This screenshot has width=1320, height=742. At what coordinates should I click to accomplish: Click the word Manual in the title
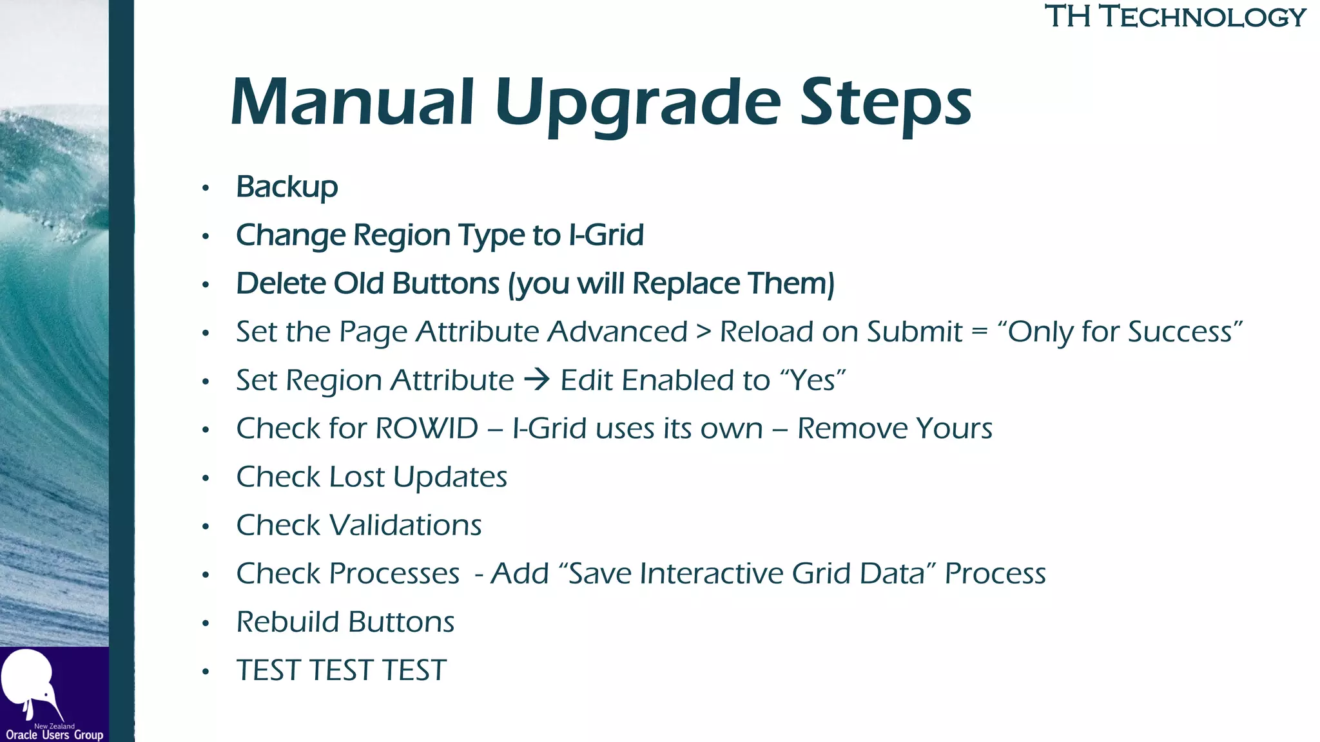click(353, 103)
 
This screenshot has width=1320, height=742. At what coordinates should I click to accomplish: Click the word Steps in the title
click(886, 103)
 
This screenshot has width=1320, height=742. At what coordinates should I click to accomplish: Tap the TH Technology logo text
click(1174, 17)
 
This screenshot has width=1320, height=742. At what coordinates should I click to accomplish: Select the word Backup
click(287, 187)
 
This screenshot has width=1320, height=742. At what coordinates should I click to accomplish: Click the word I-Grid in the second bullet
click(606, 235)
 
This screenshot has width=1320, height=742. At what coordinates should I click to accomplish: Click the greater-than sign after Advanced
click(704, 332)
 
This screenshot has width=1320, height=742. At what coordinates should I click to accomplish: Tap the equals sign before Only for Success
click(979, 332)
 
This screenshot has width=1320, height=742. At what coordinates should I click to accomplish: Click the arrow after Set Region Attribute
click(537, 379)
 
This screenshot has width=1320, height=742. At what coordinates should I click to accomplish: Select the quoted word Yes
click(813, 380)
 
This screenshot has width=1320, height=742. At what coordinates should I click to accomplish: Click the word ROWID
click(427, 428)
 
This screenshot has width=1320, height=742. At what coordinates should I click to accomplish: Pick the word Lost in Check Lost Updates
click(357, 477)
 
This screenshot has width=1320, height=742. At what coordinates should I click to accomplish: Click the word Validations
click(406, 525)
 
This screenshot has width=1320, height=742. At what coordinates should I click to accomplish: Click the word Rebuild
click(288, 622)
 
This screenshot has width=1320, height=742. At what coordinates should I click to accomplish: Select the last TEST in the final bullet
click(414, 671)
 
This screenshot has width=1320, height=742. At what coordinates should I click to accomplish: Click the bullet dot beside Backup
click(206, 188)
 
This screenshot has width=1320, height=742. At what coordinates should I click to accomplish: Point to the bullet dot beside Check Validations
click(206, 527)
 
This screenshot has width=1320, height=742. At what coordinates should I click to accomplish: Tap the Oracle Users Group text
click(54, 735)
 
